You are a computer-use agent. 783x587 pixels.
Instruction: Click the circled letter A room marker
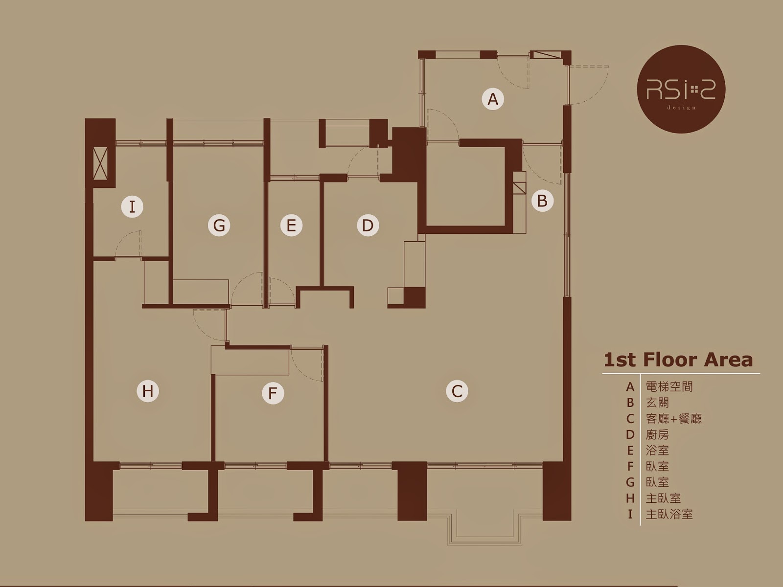pos(493,99)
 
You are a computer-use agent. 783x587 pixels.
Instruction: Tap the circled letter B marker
pos(542,201)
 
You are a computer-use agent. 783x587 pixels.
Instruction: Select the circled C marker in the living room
pos(457,391)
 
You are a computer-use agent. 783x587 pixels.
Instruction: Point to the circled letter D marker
pos(368,225)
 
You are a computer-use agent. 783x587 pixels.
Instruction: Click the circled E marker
pos(292,225)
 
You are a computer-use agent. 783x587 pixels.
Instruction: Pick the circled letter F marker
pos(273,393)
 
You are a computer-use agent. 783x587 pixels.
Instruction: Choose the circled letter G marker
pos(219,225)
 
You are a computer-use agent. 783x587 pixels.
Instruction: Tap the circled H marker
pos(148,391)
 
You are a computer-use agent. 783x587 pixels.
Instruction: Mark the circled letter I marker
pos(132,206)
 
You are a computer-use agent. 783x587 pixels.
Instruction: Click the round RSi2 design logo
pos(681,89)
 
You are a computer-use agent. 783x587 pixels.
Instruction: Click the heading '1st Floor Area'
pos(678,360)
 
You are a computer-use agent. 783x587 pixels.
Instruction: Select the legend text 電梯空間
pos(669,387)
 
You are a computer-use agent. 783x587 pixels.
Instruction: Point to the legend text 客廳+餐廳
pos(673,418)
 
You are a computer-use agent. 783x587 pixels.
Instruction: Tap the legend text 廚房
pos(657,434)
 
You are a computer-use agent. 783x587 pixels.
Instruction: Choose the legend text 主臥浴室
pos(669,514)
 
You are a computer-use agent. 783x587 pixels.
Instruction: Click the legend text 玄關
pos(657,403)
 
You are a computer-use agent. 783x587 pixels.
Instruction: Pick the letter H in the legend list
pos(630,498)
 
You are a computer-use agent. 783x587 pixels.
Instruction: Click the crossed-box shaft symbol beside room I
pos(100,164)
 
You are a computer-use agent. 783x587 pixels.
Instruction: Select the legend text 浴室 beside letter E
pos(657,451)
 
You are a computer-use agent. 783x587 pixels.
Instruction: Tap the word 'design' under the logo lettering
pos(681,107)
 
